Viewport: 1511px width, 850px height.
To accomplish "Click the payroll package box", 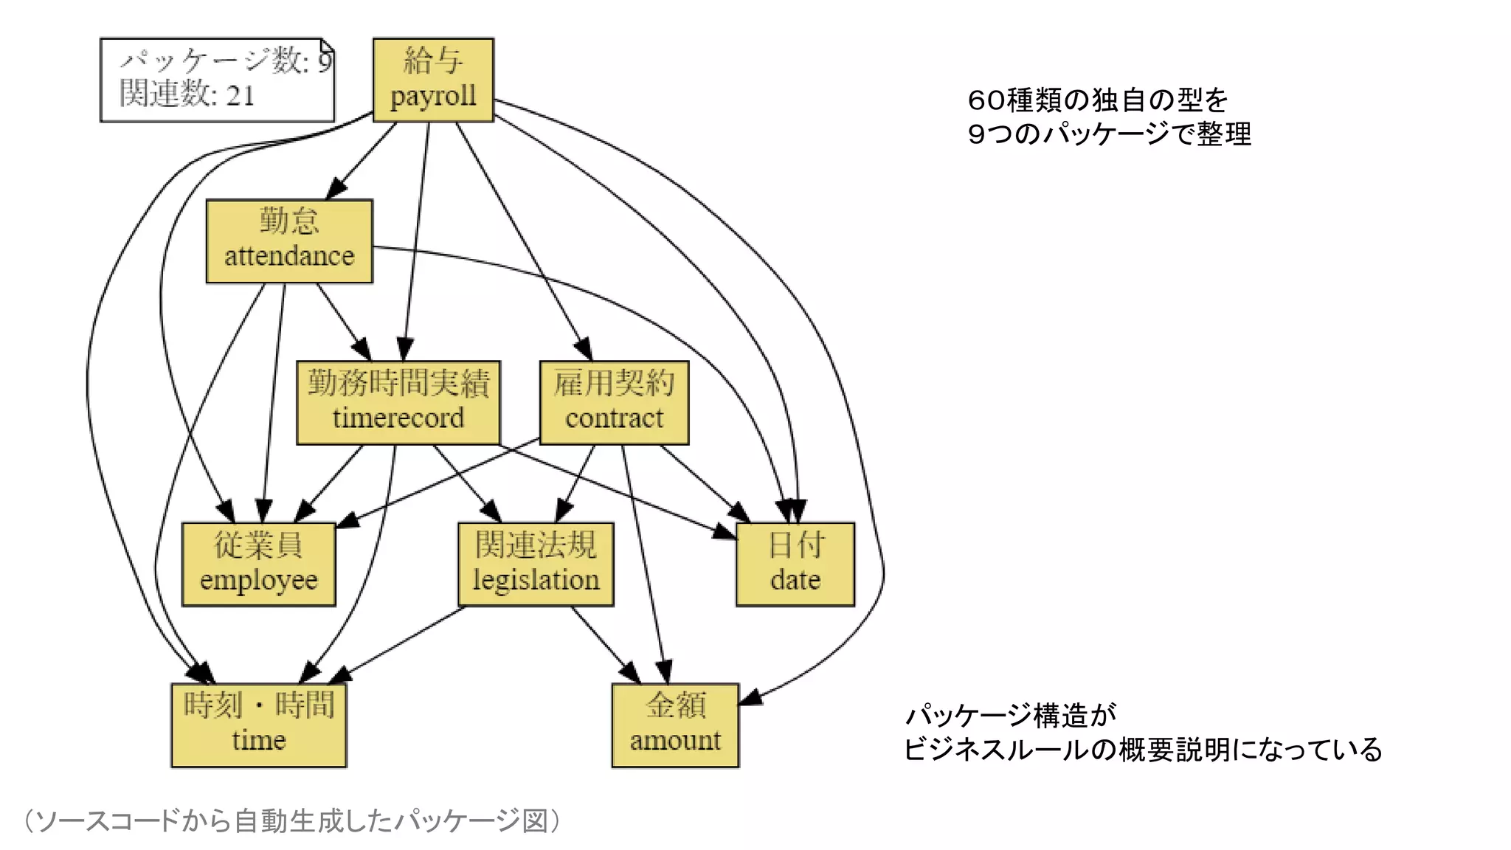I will [x=433, y=80].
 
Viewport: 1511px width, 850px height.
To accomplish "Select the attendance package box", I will [x=289, y=241].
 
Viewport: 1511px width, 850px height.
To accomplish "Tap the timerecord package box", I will [x=398, y=402].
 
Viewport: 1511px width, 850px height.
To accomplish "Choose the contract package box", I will [x=614, y=402].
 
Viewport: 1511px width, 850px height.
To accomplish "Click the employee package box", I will [x=258, y=564].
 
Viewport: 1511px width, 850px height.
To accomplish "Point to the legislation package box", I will [x=536, y=564].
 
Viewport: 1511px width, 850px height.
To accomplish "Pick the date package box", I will [x=795, y=564].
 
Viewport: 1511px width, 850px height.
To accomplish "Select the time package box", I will [x=258, y=725].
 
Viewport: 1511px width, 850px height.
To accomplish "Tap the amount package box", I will [x=675, y=725].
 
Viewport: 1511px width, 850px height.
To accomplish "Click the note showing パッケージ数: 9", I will [x=217, y=79].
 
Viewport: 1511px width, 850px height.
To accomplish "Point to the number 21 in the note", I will [x=241, y=96].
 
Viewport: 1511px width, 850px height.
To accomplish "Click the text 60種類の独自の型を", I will [x=1097, y=100].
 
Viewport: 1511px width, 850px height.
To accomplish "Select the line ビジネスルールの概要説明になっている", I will [x=1142, y=750].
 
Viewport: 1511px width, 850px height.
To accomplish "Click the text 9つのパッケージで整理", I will [x=1109, y=134].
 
